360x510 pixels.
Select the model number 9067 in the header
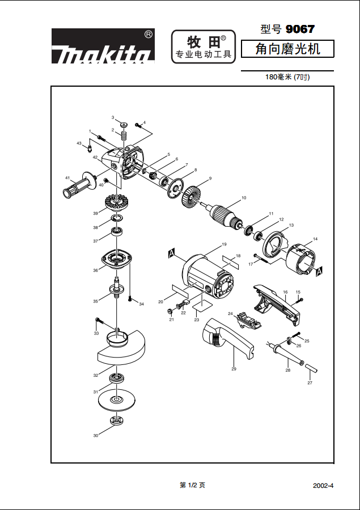[300, 29]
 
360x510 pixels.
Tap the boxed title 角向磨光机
[287, 49]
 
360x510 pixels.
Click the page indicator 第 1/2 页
[192, 485]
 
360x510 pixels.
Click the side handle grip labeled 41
[79, 185]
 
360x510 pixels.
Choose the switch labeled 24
[247, 319]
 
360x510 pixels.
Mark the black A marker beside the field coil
[319, 272]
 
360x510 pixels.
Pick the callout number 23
[197, 320]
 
